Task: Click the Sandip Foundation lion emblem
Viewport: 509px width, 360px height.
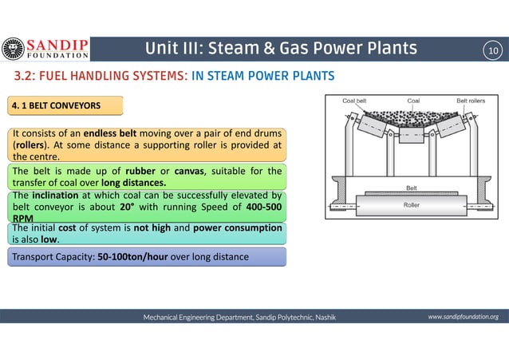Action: pyautogui.click(x=14, y=49)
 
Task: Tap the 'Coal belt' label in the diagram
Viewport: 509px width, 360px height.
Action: pyautogui.click(x=355, y=101)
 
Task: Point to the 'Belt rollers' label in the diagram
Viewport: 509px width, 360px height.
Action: pyautogui.click(x=471, y=101)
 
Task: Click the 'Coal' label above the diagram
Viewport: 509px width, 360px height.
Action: pyautogui.click(x=413, y=101)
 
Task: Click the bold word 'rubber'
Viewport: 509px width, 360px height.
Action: pyautogui.click(x=135, y=170)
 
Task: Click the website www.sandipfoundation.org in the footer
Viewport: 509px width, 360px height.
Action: pyautogui.click(x=463, y=317)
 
